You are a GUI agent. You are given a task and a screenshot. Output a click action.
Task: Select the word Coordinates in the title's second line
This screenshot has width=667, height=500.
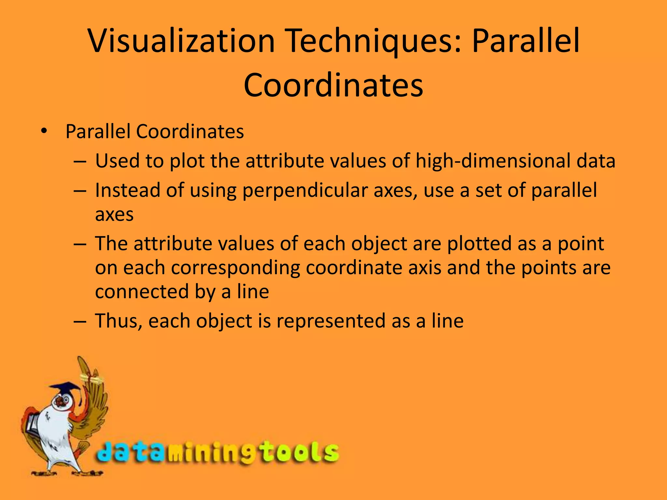pos(333,85)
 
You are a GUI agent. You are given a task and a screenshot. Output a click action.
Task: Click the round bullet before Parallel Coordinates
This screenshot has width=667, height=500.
pos(44,132)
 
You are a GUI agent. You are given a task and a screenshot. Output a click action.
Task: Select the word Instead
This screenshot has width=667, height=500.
pos(127,190)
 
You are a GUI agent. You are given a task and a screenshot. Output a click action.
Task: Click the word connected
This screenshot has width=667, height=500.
pos(142,291)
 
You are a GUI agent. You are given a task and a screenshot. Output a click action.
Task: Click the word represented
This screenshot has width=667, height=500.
pos(331,321)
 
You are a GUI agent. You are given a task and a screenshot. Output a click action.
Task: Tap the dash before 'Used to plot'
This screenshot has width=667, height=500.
pos(80,161)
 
